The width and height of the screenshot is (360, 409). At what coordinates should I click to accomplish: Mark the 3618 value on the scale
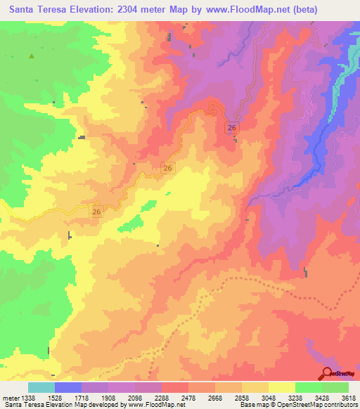tap(348, 397)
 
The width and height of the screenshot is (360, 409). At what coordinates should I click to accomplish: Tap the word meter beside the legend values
tap(9, 397)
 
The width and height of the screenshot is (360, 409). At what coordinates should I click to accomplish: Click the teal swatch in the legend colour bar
tap(41, 387)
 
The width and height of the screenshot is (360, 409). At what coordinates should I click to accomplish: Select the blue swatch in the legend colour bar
tap(68, 387)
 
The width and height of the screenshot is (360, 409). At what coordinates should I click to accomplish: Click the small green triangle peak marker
tap(31, 56)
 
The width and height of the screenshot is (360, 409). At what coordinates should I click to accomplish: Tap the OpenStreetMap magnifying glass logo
tap(328, 372)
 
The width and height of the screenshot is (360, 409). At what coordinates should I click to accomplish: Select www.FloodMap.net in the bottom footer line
tap(151, 405)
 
